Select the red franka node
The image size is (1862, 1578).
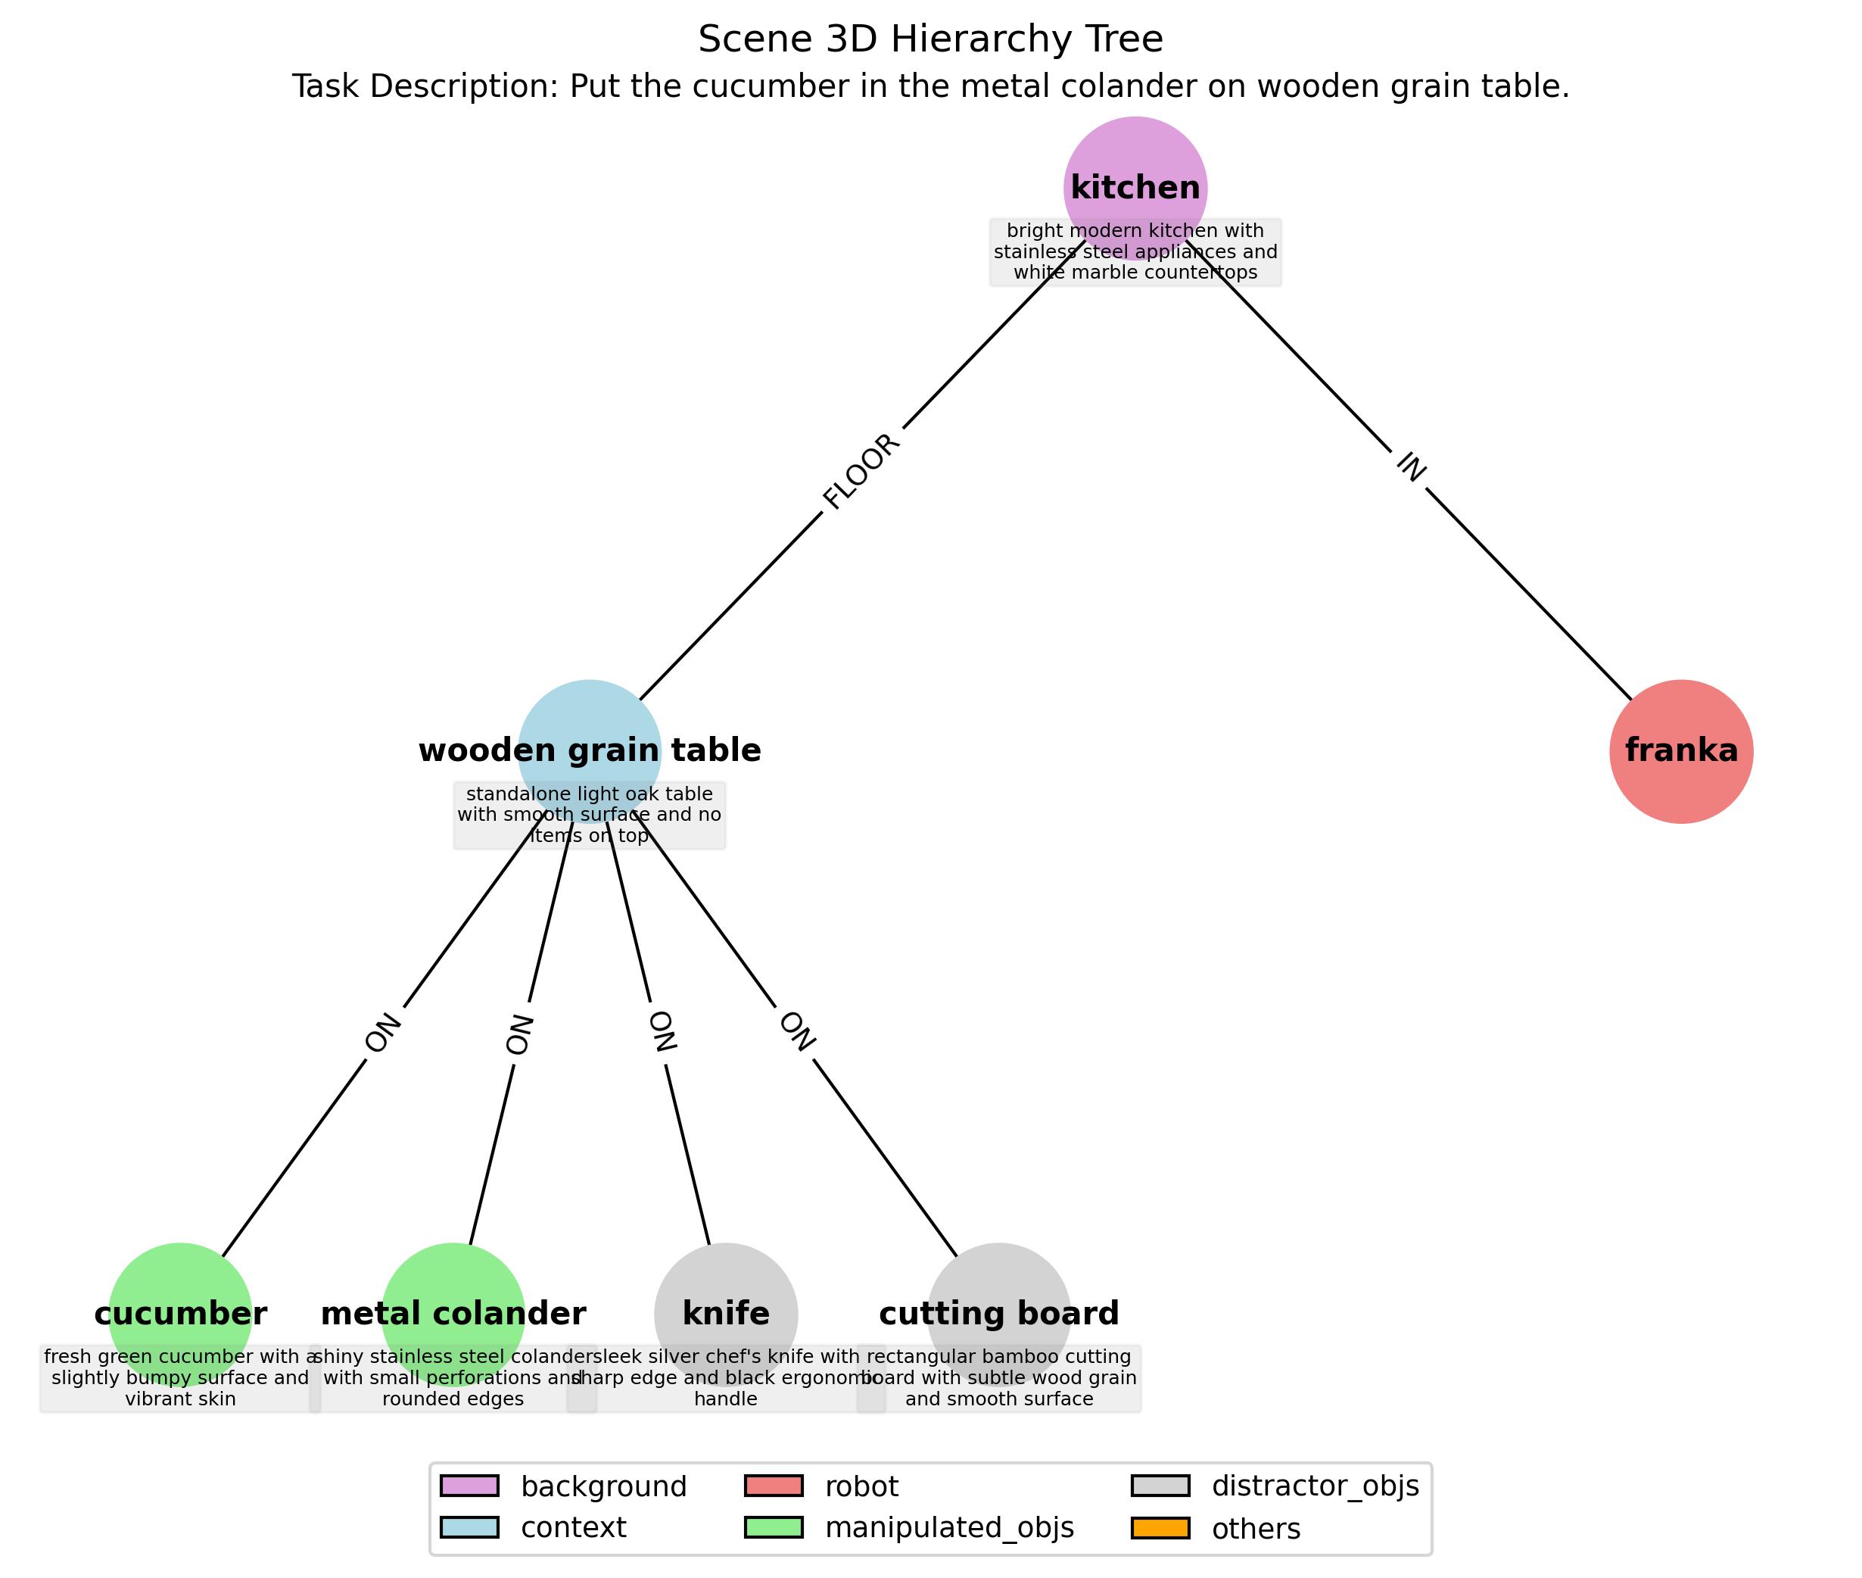click(x=1680, y=750)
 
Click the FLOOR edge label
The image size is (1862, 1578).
click(x=861, y=472)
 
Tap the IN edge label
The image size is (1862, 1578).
click(x=1410, y=466)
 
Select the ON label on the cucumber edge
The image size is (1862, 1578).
click(x=383, y=1034)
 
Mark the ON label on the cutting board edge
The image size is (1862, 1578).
click(x=797, y=1031)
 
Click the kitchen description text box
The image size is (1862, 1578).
click(x=1135, y=251)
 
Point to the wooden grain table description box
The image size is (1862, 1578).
click(x=590, y=815)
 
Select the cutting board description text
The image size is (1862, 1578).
click(x=999, y=1377)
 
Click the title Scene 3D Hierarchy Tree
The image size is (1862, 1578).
click(x=930, y=39)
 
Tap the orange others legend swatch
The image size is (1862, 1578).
click(x=1160, y=1528)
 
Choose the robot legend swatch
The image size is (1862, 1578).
click(x=774, y=1486)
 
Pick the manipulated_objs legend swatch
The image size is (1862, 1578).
click(x=774, y=1528)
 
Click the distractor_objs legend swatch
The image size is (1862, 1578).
click(x=1160, y=1486)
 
